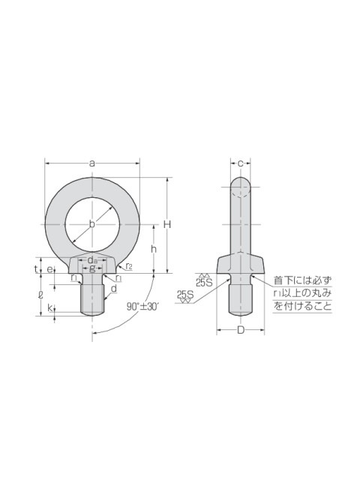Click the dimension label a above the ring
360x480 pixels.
[x=91, y=163]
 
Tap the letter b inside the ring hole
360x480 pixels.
[x=91, y=224]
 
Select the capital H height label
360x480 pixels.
[x=166, y=224]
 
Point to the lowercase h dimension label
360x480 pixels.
[x=154, y=249]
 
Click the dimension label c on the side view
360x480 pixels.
[x=240, y=163]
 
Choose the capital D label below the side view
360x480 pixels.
[x=241, y=330]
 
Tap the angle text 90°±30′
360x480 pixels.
[x=142, y=307]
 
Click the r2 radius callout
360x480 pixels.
[x=129, y=266]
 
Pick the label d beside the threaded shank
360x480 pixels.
[x=114, y=288]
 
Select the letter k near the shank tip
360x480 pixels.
[x=50, y=308]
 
